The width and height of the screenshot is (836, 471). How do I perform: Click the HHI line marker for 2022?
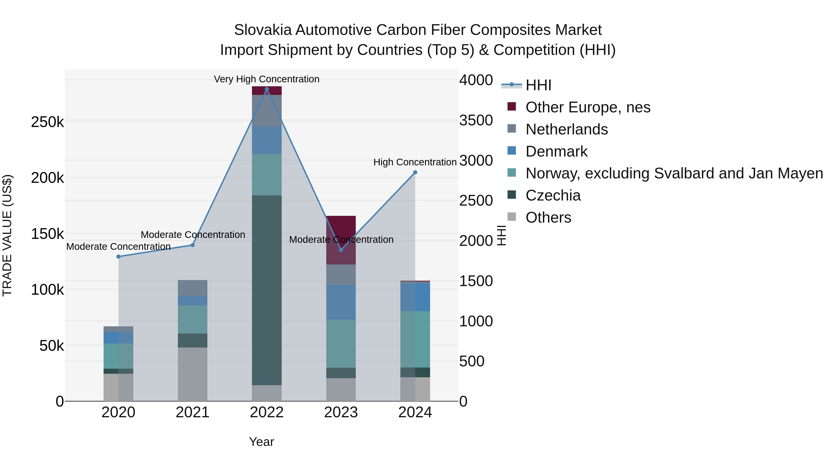click(267, 89)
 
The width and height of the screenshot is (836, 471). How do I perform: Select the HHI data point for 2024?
click(415, 173)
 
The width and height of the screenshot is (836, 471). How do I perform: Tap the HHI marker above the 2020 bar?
click(118, 257)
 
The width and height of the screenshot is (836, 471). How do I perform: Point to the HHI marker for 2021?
click(193, 245)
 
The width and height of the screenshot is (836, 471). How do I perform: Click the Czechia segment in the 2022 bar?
click(267, 289)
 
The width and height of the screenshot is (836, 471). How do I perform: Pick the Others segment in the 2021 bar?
click(193, 374)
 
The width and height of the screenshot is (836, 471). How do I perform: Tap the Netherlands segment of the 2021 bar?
click(193, 288)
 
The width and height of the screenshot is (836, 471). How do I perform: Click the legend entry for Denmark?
click(556, 151)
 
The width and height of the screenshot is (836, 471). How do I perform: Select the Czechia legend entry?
click(553, 195)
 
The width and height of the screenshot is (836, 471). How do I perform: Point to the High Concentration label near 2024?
click(415, 162)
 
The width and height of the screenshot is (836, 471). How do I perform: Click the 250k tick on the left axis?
click(47, 122)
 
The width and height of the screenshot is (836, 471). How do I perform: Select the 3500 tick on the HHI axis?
click(476, 120)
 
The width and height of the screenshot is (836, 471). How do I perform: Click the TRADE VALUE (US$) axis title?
click(7, 235)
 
